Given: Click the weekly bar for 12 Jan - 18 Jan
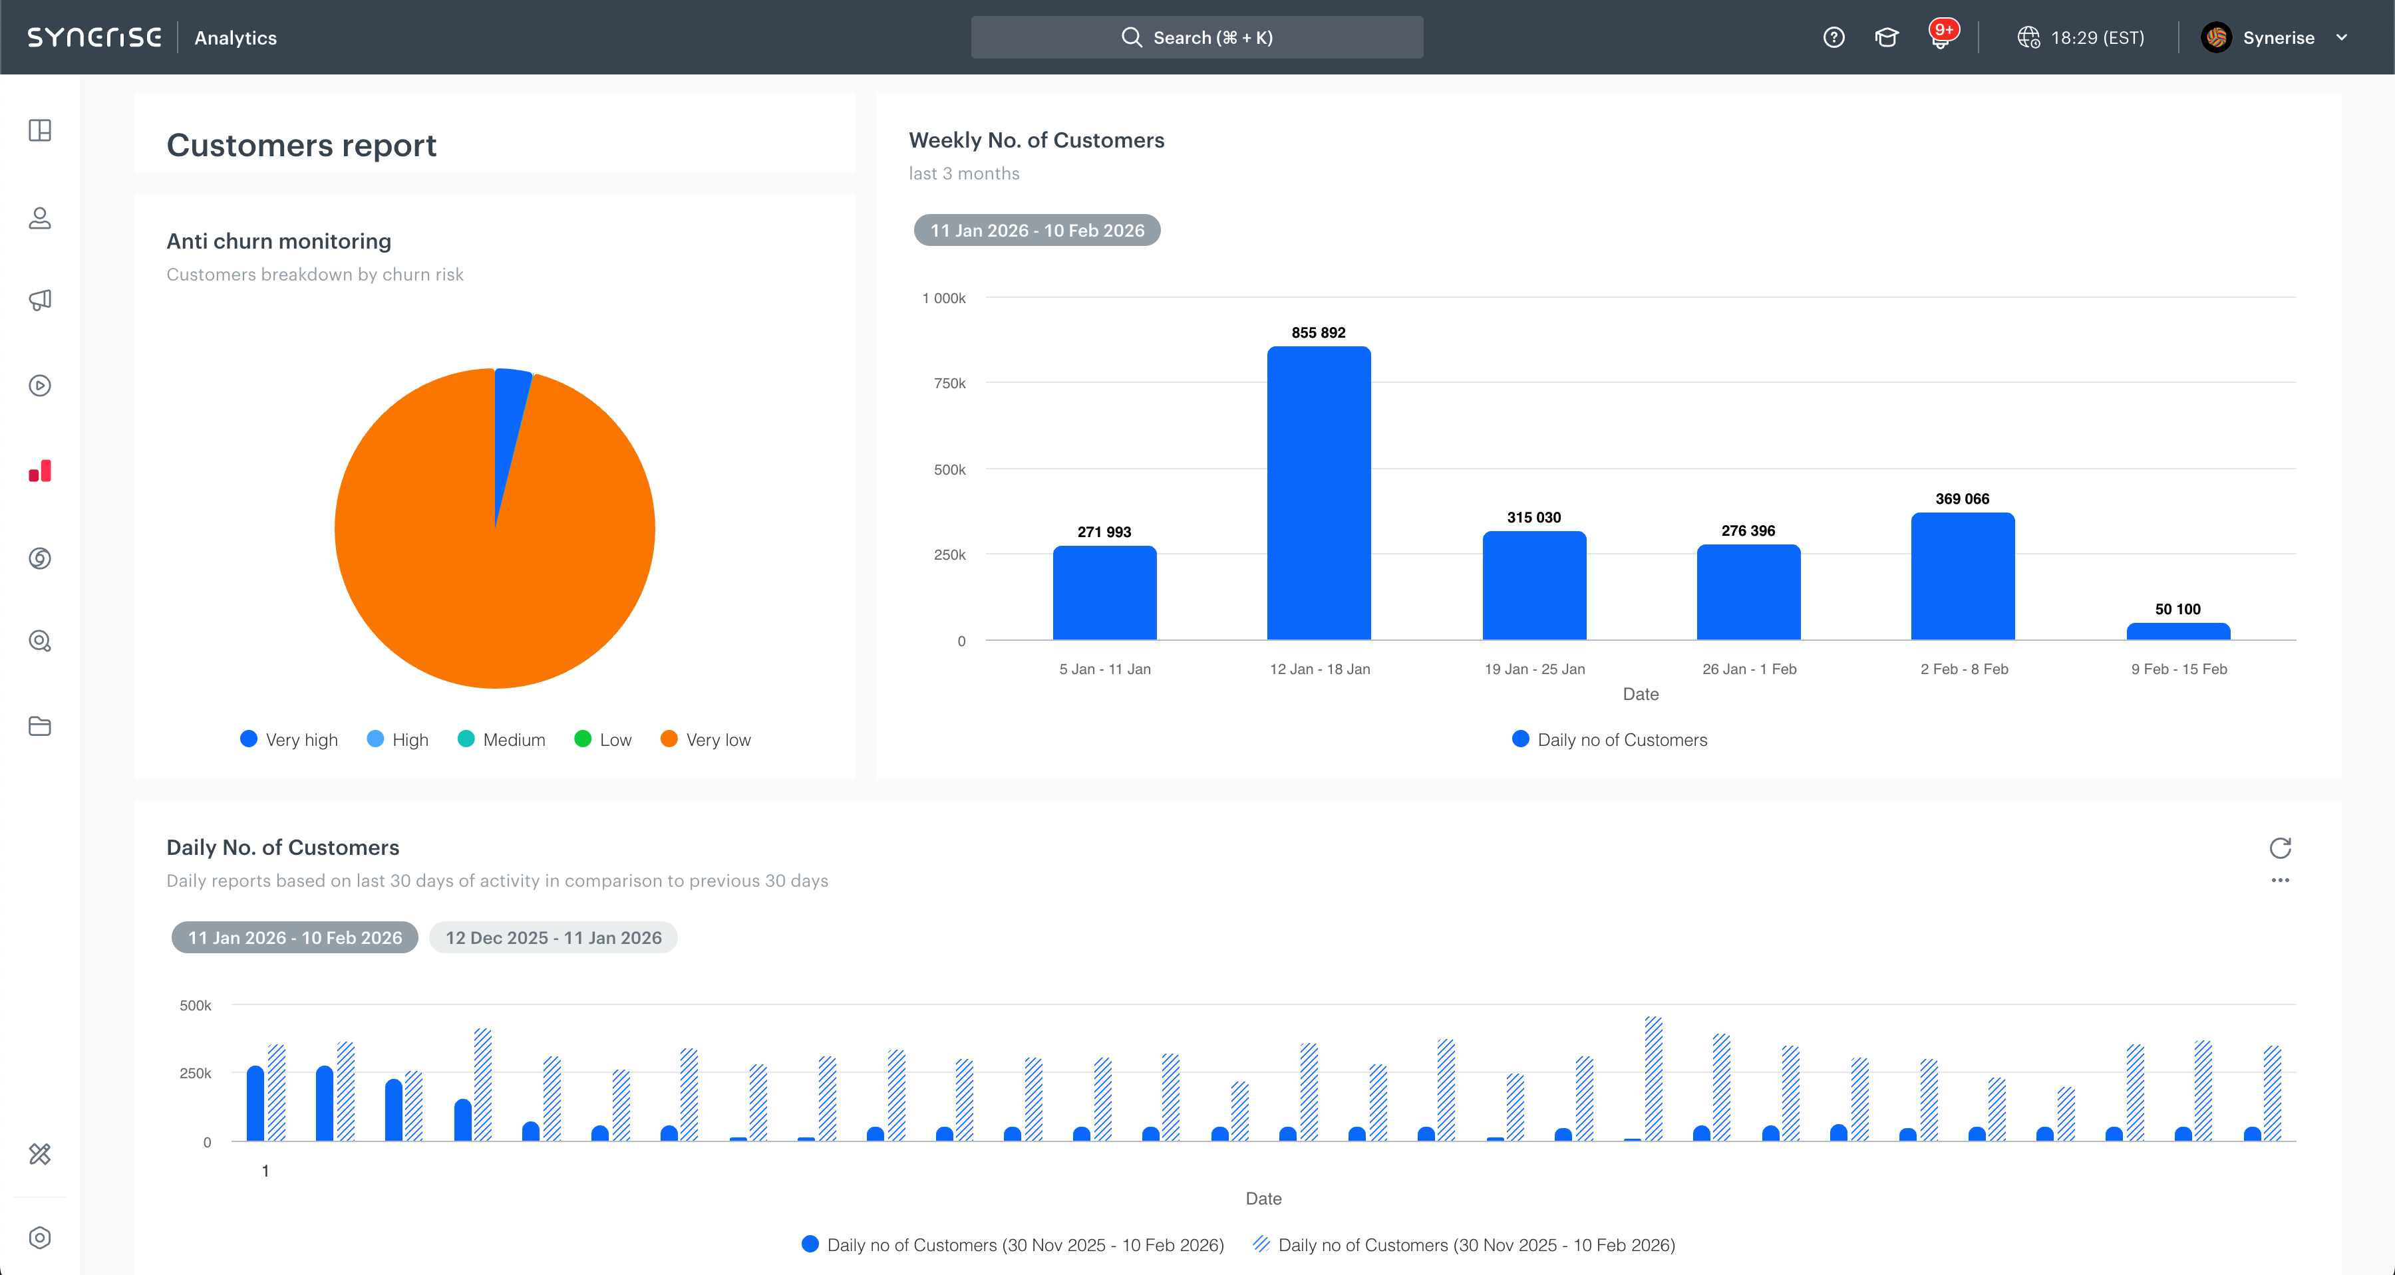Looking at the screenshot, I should click(x=1319, y=493).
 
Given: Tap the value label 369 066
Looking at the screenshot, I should click(x=1962, y=499).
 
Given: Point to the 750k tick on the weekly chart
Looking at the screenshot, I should click(x=949, y=384).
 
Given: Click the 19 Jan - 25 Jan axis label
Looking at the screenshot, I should click(x=1534, y=669).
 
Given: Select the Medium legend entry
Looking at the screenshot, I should click(x=502, y=740).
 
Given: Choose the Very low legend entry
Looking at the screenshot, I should click(x=706, y=740).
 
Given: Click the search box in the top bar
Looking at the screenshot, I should click(x=1197, y=38).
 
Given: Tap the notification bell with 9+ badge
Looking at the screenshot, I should click(x=1941, y=38).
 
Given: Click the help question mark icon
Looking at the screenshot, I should click(x=1834, y=38).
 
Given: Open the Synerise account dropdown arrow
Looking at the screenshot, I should click(x=2342, y=38).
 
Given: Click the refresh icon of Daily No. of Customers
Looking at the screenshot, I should click(x=2280, y=848).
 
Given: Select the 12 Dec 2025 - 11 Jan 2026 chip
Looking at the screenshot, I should click(x=554, y=938).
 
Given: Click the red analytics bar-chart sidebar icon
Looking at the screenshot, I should click(x=40, y=471).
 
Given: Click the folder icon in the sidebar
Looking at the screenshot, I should click(x=40, y=726).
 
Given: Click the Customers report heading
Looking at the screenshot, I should click(x=301, y=146).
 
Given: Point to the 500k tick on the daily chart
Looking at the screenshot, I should click(x=195, y=1006).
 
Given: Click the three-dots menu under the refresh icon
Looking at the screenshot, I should click(x=2280, y=880).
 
